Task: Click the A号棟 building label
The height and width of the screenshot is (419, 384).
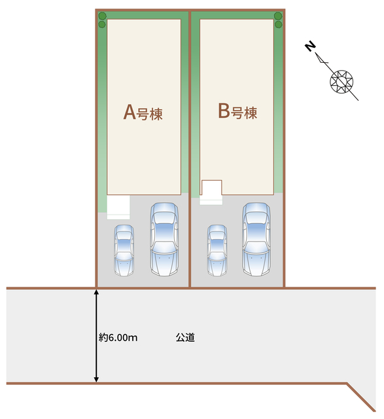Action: [x=143, y=113]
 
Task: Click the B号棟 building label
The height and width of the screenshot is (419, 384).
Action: [x=237, y=111]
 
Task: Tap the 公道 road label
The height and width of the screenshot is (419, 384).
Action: [x=185, y=338]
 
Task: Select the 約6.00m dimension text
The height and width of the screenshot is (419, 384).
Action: [x=118, y=338]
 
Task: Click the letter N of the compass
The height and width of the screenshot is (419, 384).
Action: [x=310, y=47]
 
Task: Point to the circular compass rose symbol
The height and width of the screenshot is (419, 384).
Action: [x=341, y=81]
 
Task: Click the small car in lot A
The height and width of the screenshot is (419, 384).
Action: [x=124, y=250]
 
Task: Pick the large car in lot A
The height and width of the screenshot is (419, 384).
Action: [x=164, y=240]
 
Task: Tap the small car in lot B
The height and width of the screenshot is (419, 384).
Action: [x=217, y=250]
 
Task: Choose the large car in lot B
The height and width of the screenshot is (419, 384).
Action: [x=256, y=239]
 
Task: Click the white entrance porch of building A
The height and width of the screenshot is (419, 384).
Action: [x=118, y=207]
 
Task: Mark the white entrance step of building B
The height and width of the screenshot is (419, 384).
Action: [x=211, y=192]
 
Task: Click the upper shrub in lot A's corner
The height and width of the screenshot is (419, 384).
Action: [x=102, y=16]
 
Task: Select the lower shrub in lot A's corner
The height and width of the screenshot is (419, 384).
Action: [x=102, y=25]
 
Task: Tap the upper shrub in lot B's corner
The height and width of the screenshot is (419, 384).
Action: [x=278, y=16]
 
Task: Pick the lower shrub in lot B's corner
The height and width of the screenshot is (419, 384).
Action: [x=279, y=25]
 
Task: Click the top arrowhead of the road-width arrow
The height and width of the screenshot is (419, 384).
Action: [x=96, y=292]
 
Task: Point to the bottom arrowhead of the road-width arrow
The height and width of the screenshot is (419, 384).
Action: [x=96, y=380]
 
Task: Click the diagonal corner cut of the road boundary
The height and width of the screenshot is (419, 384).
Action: [x=361, y=397]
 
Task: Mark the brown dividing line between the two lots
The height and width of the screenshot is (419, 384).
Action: [x=190, y=149]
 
